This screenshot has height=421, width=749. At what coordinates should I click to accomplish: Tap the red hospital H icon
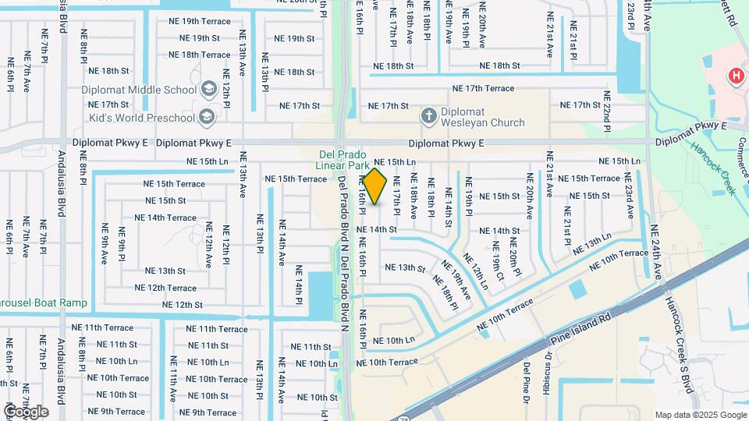click(x=734, y=76)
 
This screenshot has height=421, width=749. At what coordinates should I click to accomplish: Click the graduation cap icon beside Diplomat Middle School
click(x=208, y=90)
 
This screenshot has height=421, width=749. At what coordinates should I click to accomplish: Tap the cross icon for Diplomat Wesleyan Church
click(x=428, y=117)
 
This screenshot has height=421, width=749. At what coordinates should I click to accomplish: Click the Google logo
click(x=26, y=411)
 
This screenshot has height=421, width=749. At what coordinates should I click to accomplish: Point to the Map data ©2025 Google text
click(x=700, y=415)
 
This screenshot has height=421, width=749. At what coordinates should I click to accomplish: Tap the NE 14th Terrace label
click(x=170, y=218)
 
